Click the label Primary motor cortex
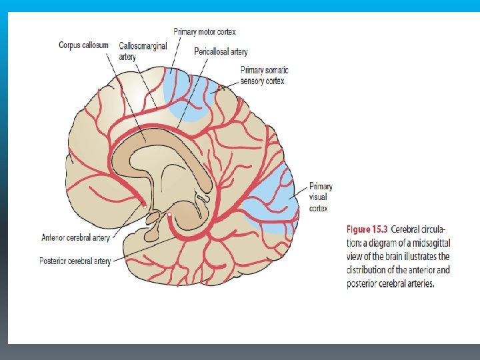[205, 31]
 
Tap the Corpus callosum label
[83, 45]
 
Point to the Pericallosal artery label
[221, 51]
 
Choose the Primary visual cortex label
[320, 197]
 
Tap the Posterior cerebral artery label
[75, 261]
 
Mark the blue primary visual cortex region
[273, 200]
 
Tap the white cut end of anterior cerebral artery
[144, 207]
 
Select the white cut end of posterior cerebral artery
[170, 215]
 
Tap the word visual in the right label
[318, 197]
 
